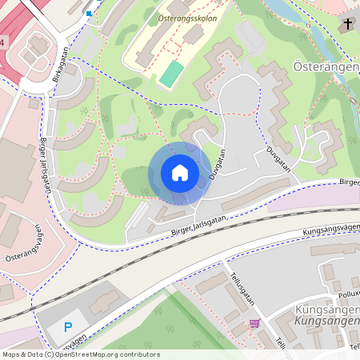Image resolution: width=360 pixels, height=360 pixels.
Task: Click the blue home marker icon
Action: [x=179, y=173]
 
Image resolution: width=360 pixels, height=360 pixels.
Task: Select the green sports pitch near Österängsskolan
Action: [x=171, y=74]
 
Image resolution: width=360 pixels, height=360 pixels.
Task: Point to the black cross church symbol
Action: [x=349, y=25]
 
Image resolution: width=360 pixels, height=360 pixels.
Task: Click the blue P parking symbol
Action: [x=68, y=326]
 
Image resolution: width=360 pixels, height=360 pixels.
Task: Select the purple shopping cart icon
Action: [x=255, y=323]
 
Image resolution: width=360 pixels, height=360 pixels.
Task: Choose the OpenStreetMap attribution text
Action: [x=81, y=354]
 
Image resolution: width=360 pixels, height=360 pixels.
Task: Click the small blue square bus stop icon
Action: [x=88, y=13]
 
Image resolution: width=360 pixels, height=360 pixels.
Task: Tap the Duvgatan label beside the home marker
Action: [x=216, y=163]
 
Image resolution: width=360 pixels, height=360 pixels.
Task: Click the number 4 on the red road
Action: [x=2, y=41]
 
